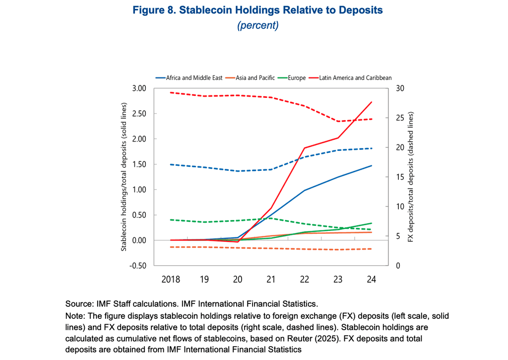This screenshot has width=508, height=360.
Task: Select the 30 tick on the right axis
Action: tap(398, 88)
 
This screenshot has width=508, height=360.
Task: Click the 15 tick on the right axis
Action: tap(398, 177)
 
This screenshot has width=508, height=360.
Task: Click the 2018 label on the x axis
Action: tap(171, 280)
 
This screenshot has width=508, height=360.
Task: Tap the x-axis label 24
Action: tap(371, 280)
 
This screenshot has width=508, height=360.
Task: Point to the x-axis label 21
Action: tap(271, 280)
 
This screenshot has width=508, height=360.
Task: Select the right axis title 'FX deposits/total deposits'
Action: tap(411, 177)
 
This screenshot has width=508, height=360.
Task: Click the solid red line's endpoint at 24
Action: tap(372, 102)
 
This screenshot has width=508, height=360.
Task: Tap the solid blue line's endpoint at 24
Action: tap(372, 166)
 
